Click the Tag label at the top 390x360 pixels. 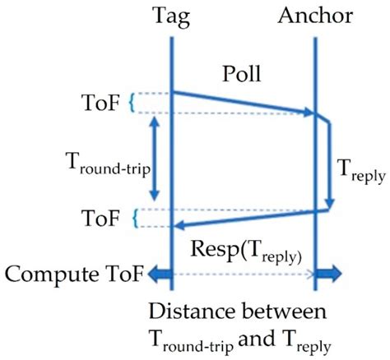171,15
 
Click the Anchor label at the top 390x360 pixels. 315,15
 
